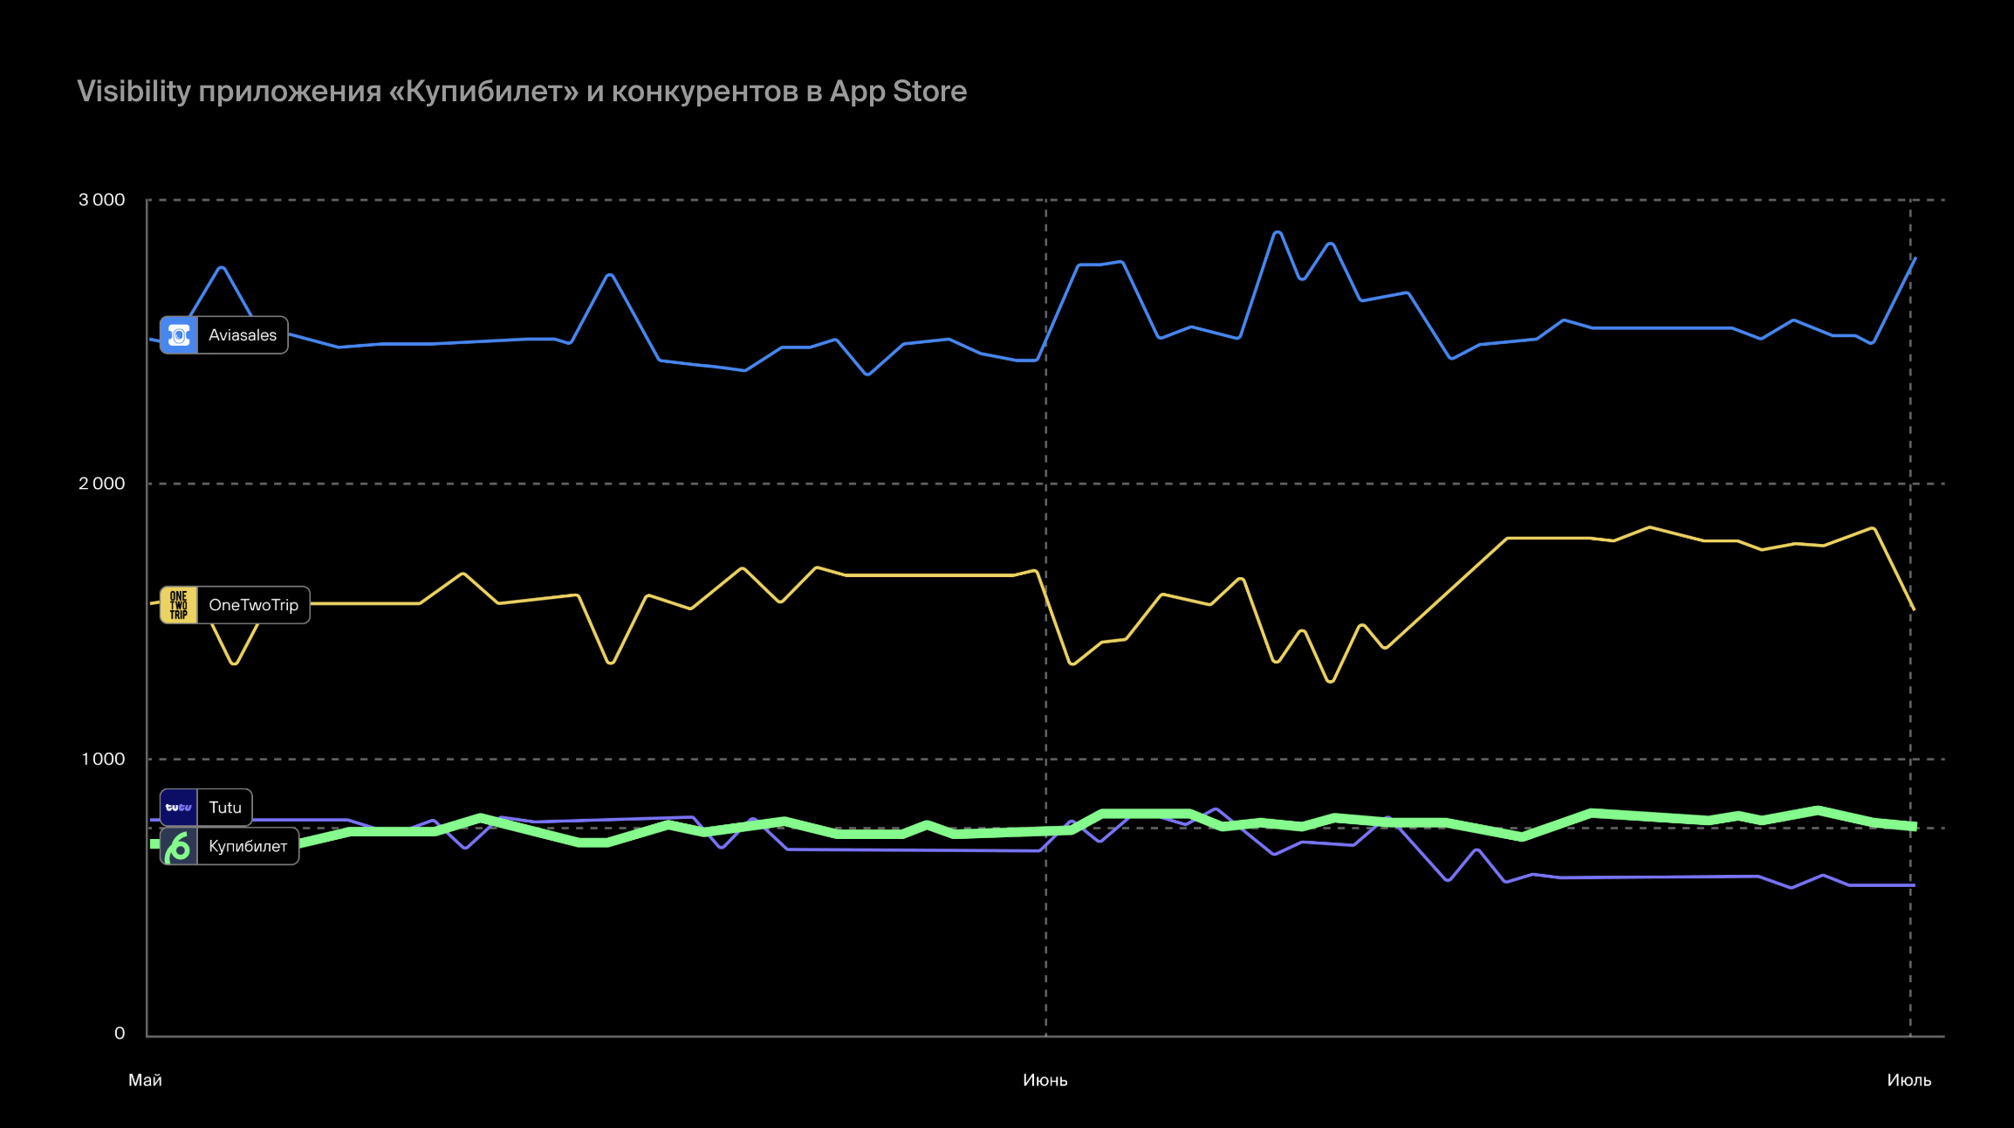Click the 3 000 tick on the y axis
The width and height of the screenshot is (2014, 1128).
click(102, 200)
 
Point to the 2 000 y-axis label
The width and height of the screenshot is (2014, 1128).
click(102, 484)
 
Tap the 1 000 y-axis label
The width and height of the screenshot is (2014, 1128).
click(103, 759)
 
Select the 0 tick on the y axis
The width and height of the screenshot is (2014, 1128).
click(120, 1034)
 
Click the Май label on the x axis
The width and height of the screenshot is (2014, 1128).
click(145, 1080)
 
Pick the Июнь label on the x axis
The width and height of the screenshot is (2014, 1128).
click(1045, 1080)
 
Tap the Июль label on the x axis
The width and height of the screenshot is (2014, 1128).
click(1908, 1080)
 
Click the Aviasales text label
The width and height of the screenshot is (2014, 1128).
click(242, 335)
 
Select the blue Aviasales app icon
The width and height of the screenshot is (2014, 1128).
click(179, 335)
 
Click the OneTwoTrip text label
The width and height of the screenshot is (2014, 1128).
click(253, 605)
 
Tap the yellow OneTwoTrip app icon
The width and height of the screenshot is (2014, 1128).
click(179, 605)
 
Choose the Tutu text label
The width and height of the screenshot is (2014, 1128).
click(224, 808)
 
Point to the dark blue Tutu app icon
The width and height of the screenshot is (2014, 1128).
click(179, 808)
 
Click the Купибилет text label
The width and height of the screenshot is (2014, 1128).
click(248, 846)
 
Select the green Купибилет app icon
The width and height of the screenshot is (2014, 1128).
click(179, 846)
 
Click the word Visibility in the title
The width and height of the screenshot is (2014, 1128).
click(134, 92)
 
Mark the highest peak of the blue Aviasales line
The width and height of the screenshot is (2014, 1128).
click(1278, 232)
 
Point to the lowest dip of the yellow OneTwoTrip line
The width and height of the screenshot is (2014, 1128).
click(1330, 681)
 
